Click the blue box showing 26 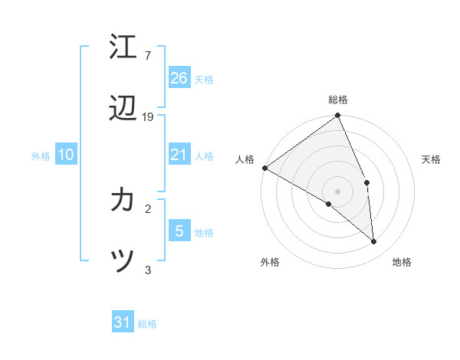(x=179, y=77)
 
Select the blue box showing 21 (x=179, y=155)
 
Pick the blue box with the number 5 (x=179, y=231)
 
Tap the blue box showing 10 (x=66, y=155)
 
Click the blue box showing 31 (x=123, y=322)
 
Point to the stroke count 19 (x=148, y=116)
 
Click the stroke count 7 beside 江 (x=147, y=56)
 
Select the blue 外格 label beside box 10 (x=41, y=156)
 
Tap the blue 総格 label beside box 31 (x=147, y=324)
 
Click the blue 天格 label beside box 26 (x=204, y=79)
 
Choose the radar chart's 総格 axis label (x=338, y=100)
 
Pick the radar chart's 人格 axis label (x=245, y=159)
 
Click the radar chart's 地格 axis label (x=402, y=262)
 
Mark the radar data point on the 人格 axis (x=264, y=168)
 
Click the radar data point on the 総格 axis (x=338, y=116)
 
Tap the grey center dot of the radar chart (x=338, y=191)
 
